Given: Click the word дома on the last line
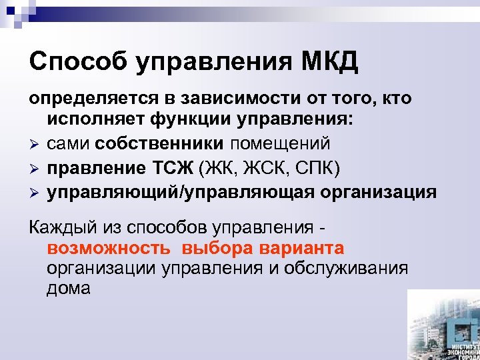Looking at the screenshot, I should coord(69,289).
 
